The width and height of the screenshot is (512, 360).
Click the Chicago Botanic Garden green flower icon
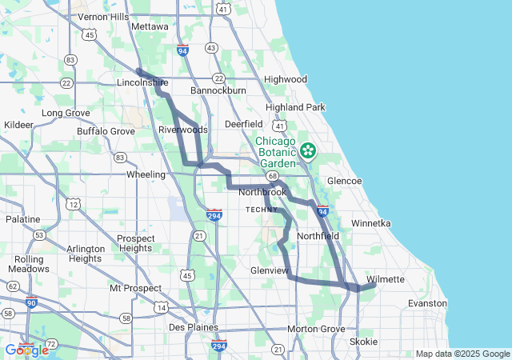(x=308, y=150)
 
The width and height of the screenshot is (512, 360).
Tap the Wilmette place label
(x=386, y=279)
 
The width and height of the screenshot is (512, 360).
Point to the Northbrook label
(x=262, y=193)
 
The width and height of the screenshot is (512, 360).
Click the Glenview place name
(x=269, y=270)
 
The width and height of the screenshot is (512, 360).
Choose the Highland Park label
(x=295, y=107)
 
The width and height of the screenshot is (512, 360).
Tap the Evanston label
(x=427, y=303)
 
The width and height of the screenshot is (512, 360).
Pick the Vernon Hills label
(x=104, y=17)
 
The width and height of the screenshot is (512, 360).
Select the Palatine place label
(x=22, y=218)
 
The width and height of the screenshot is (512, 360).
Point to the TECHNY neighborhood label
(x=262, y=209)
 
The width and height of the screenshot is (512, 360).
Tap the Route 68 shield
(x=273, y=176)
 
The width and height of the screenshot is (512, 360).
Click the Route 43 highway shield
(x=211, y=48)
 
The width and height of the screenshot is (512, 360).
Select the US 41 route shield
(x=278, y=126)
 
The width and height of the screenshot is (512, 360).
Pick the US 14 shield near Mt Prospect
(x=162, y=307)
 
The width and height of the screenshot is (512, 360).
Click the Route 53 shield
(x=38, y=234)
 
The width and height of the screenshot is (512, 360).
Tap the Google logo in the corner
(x=26, y=350)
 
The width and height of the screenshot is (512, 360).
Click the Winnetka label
(x=370, y=223)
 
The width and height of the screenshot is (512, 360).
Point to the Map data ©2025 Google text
(x=462, y=354)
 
